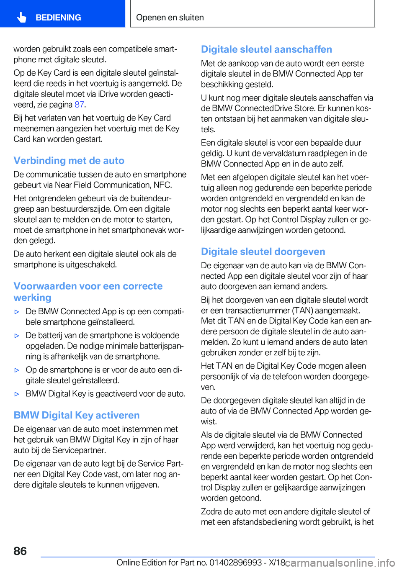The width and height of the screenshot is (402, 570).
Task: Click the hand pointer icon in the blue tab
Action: [22, 18]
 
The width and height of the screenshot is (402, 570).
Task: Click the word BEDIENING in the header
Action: [58, 18]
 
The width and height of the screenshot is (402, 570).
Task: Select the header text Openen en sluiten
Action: [170, 18]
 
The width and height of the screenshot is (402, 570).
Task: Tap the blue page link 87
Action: [79, 105]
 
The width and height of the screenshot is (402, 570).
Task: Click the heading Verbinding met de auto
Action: [69, 161]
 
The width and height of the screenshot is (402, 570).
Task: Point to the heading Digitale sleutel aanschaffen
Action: [266, 49]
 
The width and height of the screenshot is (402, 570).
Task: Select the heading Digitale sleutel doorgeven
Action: [263, 252]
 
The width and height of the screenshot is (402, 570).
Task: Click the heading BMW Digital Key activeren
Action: [77, 415]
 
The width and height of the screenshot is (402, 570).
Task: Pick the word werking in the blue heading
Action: [32, 298]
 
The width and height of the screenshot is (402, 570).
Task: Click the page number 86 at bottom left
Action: [20, 551]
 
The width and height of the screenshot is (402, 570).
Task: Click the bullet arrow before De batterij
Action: [17, 336]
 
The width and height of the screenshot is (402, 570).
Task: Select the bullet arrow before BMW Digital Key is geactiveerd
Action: [17, 394]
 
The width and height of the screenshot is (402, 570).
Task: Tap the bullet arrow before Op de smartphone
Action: [17, 370]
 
